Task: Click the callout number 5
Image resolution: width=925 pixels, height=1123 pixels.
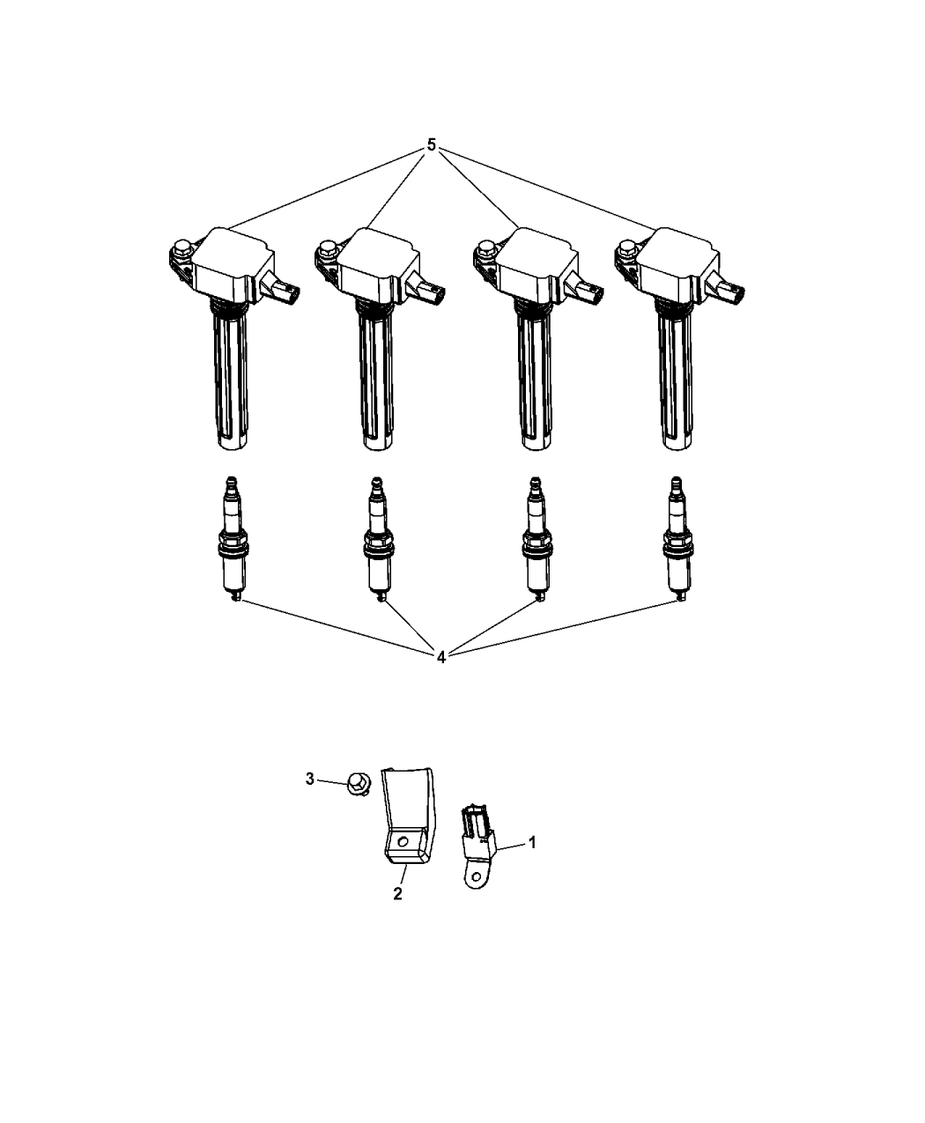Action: point(431,145)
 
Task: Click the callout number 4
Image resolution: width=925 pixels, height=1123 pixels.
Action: point(441,657)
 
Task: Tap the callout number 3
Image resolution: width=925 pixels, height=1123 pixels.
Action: point(309,779)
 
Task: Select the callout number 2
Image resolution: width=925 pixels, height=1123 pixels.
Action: point(397,893)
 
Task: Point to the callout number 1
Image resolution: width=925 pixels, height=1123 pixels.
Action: point(533,843)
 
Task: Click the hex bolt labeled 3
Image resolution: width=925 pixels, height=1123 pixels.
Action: point(359,784)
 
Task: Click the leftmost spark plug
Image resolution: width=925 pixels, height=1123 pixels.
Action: point(232,539)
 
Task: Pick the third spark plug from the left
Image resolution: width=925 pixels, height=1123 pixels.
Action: point(536,539)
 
